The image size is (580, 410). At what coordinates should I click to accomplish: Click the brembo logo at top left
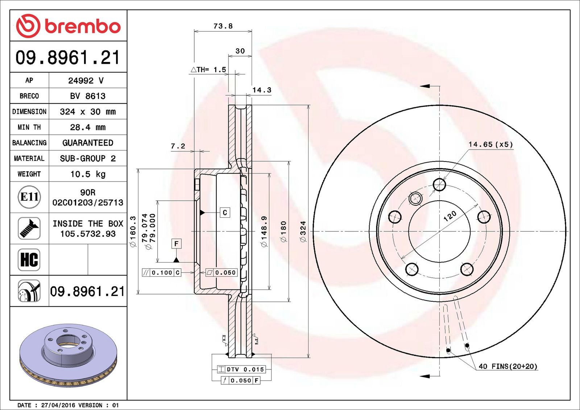[69, 26]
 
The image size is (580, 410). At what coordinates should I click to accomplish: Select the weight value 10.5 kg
[88, 174]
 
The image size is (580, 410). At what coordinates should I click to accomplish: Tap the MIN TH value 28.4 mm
[88, 127]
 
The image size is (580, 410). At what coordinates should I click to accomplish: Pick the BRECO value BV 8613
[88, 96]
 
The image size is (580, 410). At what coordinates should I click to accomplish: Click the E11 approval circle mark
[29, 197]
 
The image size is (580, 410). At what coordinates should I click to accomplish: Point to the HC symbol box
[29, 260]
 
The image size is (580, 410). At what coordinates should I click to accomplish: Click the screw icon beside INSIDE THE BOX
[29, 229]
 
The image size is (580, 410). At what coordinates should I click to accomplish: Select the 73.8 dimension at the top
[223, 26]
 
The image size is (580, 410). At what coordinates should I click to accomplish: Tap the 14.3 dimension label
[262, 90]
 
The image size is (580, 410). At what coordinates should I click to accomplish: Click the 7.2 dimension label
[178, 146]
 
